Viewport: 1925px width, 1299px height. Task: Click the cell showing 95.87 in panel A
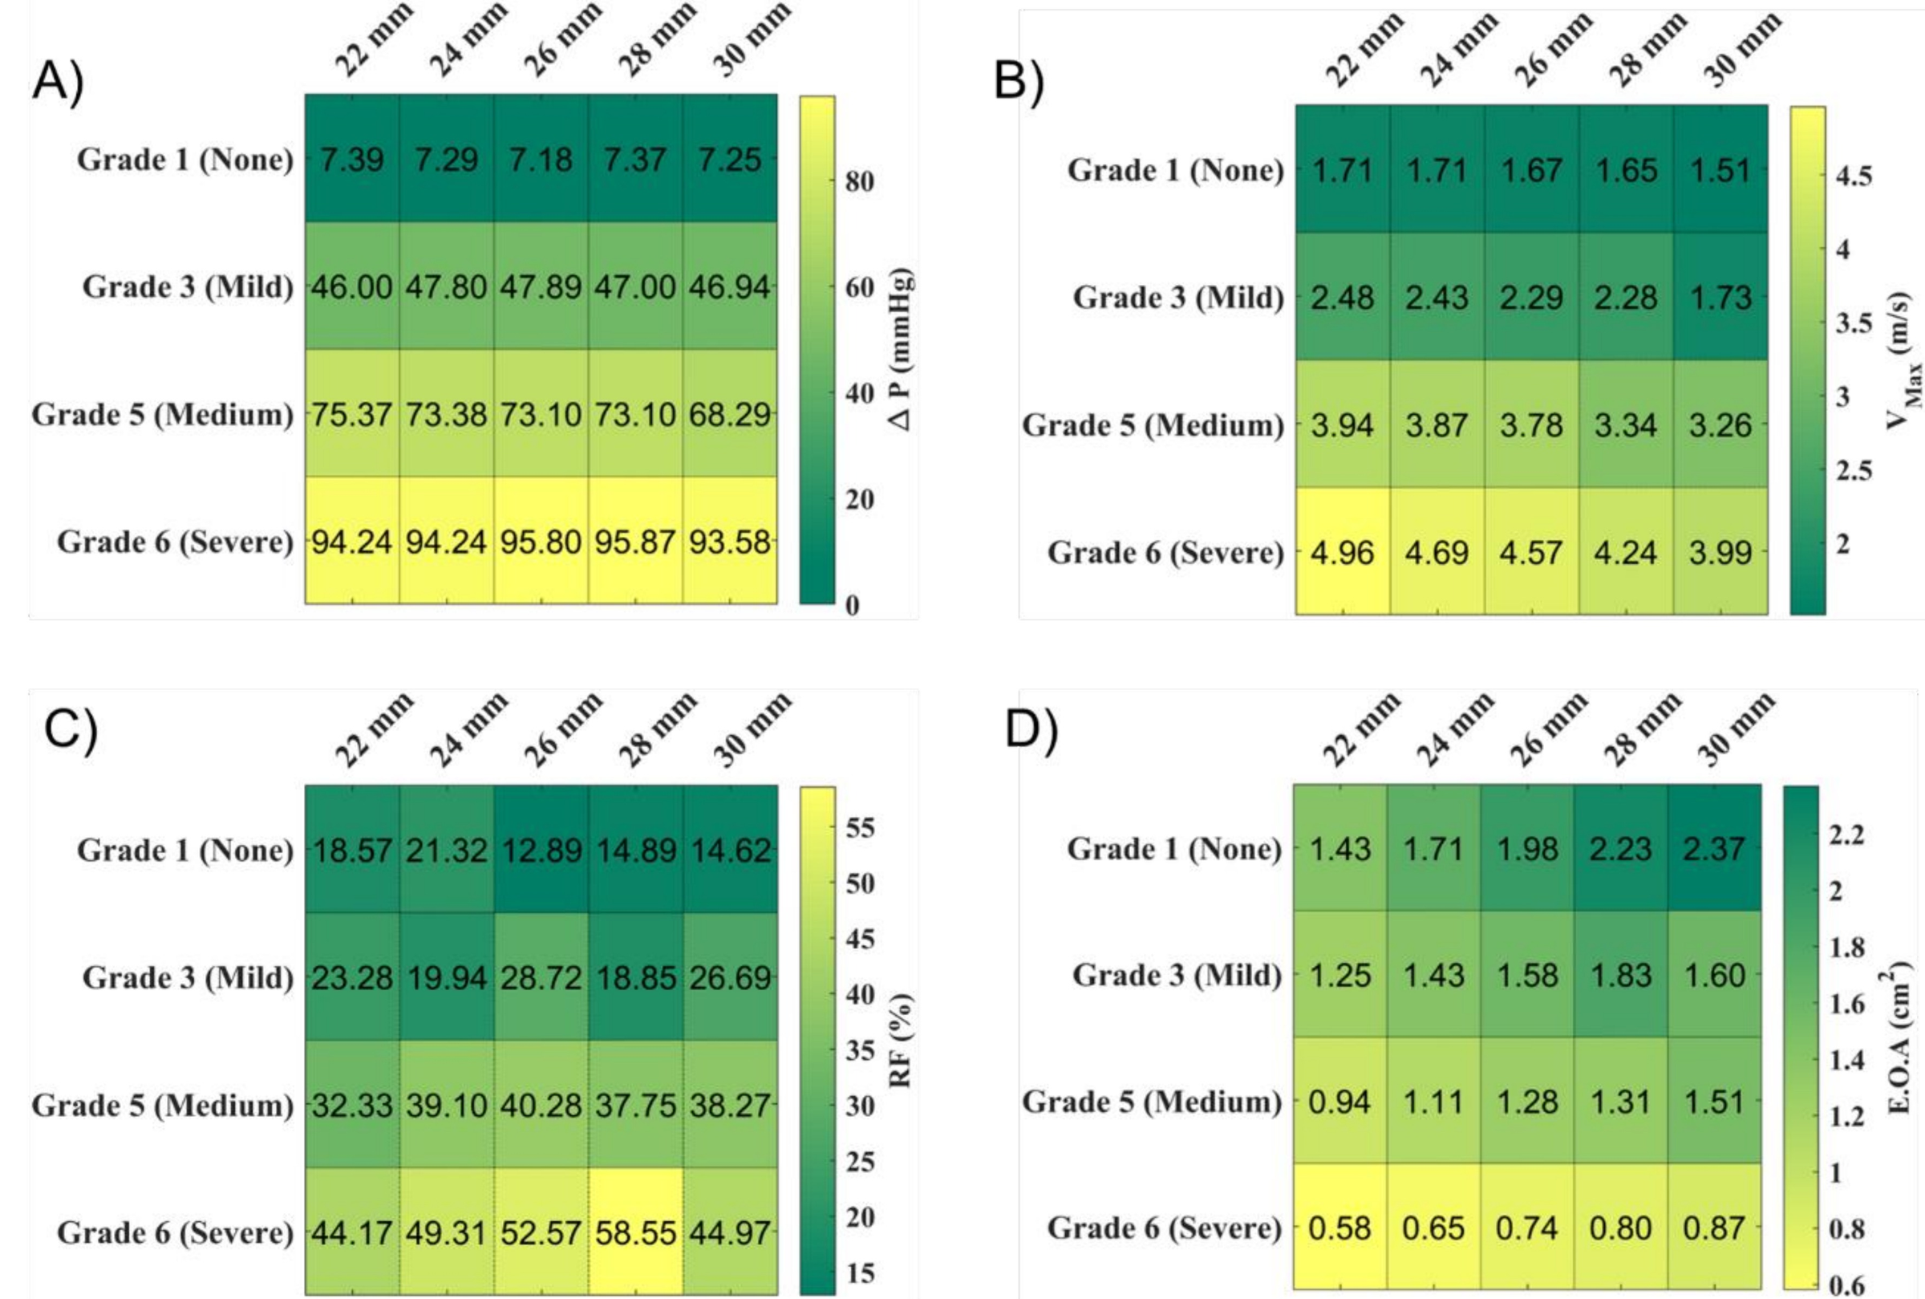[635, 541]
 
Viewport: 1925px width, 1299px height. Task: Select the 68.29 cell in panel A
[729, 413]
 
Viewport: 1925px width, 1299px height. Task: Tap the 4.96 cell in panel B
[1342, 552]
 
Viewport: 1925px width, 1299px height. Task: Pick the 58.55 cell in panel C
[635, 1232]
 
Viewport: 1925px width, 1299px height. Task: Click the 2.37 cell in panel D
[1714, 848]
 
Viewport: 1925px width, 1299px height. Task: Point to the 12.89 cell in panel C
[541, 850]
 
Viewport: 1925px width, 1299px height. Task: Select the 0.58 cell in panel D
[1339, 1228]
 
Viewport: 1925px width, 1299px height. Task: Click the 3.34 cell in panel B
[1625, 424]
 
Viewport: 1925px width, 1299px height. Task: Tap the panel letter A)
[58, 83]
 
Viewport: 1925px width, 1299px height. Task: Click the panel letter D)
[1031, 731]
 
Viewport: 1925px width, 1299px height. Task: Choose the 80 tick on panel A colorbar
[858, 181]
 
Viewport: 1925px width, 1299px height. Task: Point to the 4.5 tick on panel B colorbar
[1853, 176]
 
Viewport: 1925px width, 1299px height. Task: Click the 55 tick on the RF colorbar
[859, 827]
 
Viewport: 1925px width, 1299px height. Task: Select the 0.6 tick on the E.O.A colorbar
[1846, 1285]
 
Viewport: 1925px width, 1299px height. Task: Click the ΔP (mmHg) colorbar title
[902, 348]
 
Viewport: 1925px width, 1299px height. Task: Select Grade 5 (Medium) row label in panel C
[162, 1105]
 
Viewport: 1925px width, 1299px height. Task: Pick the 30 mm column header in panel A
[751, 40]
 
